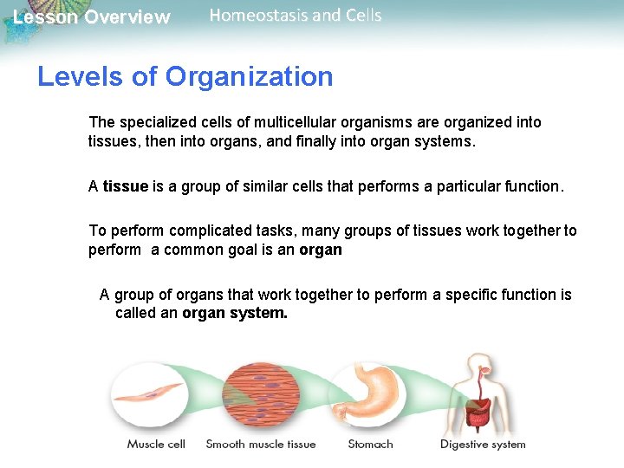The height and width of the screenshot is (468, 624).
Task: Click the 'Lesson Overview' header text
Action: pos(92,17)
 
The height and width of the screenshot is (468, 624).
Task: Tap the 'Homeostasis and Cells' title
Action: pos(295,16)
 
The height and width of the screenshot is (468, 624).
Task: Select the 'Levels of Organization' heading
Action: pos(185,76)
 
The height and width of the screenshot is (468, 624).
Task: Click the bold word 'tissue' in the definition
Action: pos(126,186)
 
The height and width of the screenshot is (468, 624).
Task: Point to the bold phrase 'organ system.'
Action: pos(234,313)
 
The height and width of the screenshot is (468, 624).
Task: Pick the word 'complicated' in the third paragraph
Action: pos(209,231)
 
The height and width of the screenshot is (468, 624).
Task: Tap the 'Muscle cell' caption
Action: pos(156,445)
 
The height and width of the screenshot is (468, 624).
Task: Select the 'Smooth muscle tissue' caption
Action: pos(261,445)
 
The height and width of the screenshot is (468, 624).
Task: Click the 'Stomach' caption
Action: pos(370,445)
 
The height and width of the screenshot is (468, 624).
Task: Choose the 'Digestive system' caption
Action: pos(483,445)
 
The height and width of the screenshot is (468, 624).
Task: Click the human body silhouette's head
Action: pos(476,361)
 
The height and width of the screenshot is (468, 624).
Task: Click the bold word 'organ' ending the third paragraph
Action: pos(321,250)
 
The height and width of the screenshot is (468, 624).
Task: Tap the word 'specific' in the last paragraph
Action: pos(471,295)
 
